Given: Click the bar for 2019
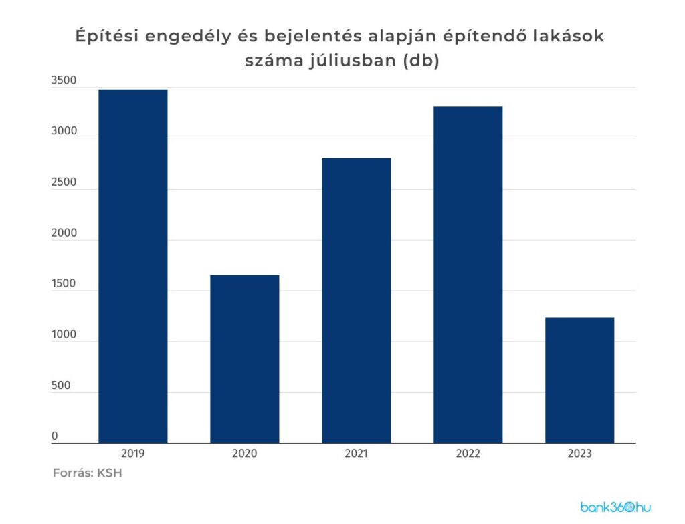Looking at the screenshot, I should click(132, 266).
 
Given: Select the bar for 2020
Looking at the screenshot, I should click(244, 359).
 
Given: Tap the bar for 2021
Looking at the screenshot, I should click(356, 301).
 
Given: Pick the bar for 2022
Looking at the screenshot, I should click(468, 275).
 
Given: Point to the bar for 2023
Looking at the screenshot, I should click(579, 380).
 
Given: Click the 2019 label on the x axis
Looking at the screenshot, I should click(132, 454).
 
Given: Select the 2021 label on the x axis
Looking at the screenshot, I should click(356, 454).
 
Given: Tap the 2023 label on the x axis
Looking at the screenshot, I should click(579, 454).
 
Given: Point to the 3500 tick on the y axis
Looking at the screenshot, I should click(64, 81).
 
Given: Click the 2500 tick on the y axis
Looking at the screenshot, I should click(64, 182).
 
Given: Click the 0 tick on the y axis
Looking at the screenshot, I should click(55, 436).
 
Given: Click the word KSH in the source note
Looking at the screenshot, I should click(109, 473).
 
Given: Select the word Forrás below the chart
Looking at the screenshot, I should click(72, 473).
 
